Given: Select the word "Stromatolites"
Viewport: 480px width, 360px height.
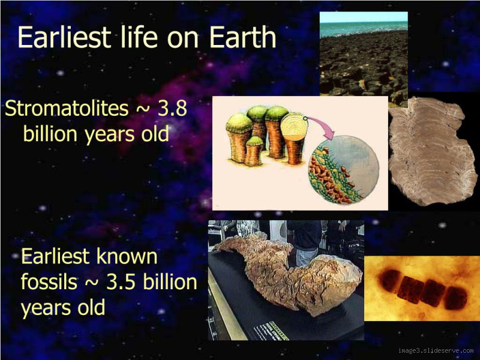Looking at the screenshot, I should pyautogui.click(x=66, y=109).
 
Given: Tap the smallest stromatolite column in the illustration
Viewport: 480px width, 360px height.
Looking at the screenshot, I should pyautogui.click(x=254, y=151).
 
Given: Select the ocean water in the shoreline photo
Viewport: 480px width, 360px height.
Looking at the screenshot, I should pyautogui.click(x=363, y=27).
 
